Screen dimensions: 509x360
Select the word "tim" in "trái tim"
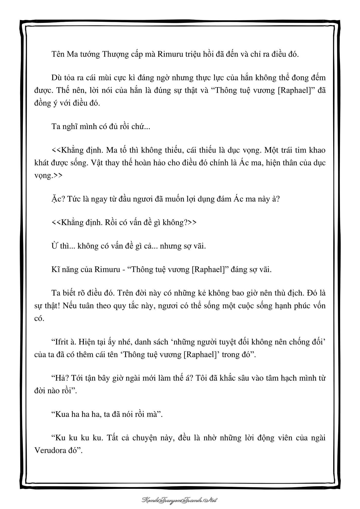299,150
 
